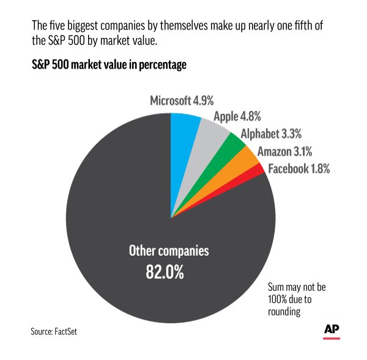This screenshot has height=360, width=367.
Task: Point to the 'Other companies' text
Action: coord(168,251)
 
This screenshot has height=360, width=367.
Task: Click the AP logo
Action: coord(331,328)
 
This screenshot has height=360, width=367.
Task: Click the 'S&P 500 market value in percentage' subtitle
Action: coord(108,65)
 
